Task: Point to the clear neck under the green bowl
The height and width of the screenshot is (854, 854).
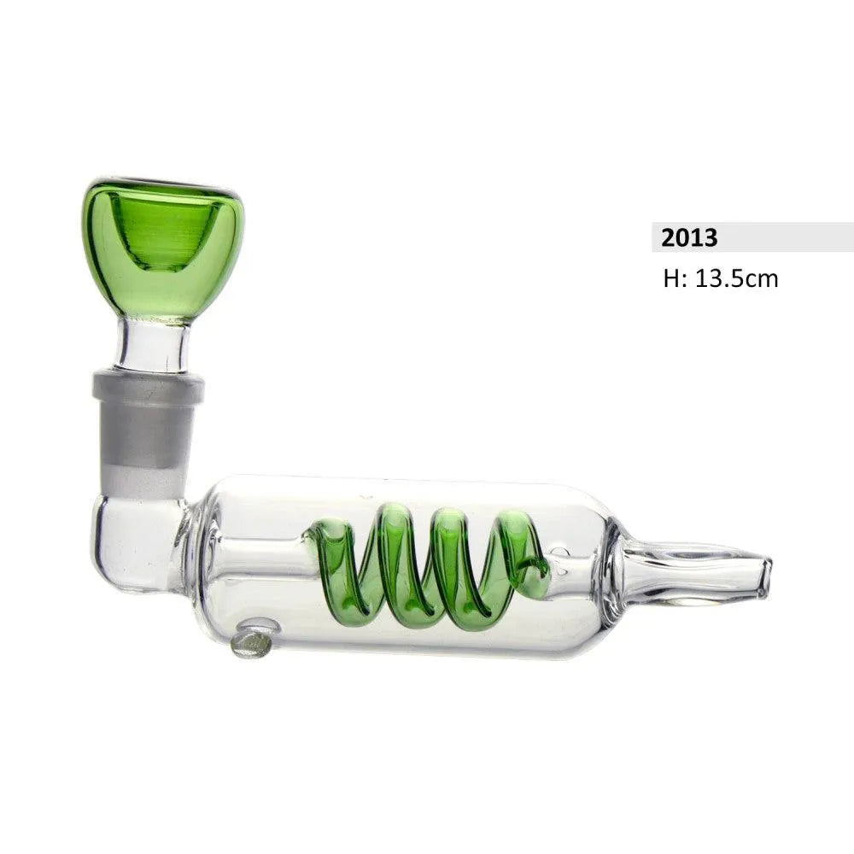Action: click(154, 346)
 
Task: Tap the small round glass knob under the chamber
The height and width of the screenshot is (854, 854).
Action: click(253, 640)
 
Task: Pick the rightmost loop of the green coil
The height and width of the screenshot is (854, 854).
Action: click(521, 555)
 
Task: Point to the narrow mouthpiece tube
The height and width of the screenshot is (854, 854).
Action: click(683, 568)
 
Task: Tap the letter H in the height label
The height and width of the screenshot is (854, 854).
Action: click(670, 278)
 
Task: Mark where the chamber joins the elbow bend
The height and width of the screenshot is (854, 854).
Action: click(190, 547)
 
